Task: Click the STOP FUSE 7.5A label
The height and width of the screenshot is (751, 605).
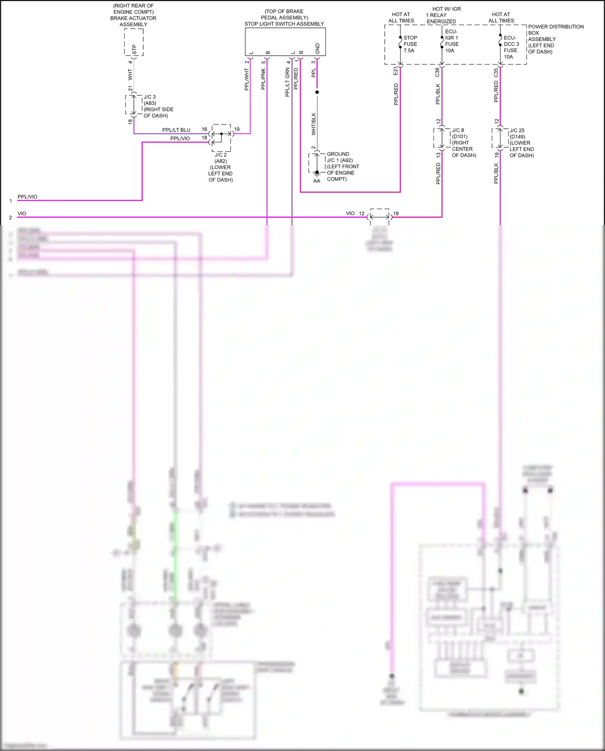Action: click(x=410, y=44)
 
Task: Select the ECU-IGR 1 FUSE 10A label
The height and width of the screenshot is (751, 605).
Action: click(x=451, y=41)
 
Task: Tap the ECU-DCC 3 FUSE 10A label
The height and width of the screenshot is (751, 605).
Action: click(x=511, y=47)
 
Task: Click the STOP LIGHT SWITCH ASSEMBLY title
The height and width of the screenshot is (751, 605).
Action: click(x=284, y=24)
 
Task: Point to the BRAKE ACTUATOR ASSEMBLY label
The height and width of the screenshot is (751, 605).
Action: click(x=133, y=21)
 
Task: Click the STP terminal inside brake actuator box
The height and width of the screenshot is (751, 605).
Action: click(x=134, y=49)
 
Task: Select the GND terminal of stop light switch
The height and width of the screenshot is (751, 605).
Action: click(x=317, y=48)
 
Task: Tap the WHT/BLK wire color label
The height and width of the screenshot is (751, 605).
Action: click(x=313, y=124)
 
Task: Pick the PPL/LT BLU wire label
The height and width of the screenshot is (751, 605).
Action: click(x=176, y=130)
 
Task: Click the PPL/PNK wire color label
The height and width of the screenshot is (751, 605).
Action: click(x=263, y=79)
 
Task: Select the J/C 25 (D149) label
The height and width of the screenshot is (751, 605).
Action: click(x=517, y=133)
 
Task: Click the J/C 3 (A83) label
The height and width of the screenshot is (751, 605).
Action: click(x=150, y=100)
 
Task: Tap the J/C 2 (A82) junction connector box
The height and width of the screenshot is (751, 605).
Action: click(x=221, y=138)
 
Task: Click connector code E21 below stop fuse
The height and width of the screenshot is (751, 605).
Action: click(x=395, y=71)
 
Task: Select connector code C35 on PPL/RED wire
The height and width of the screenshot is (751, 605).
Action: click(x=496, y=73)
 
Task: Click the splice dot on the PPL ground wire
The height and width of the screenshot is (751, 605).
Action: click(x=317, y=92)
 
